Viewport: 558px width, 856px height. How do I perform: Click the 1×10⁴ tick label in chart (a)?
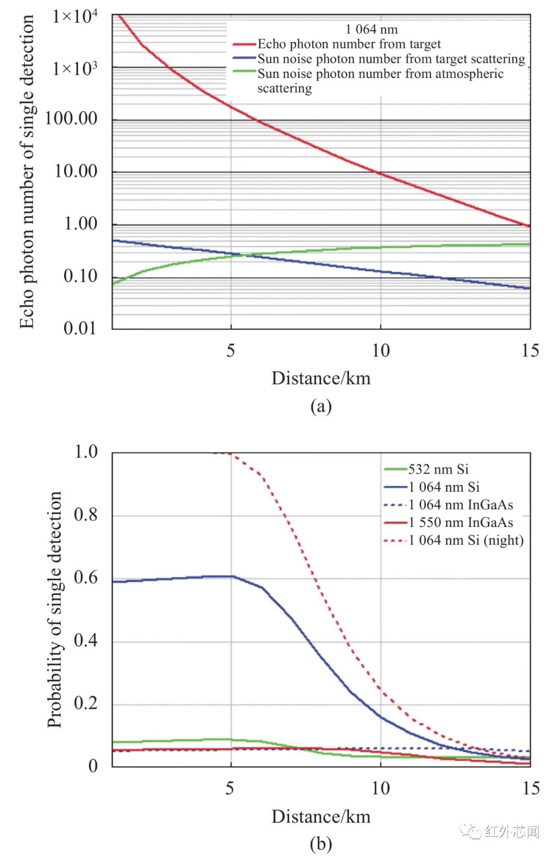75,17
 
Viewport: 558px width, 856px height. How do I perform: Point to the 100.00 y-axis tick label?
71,118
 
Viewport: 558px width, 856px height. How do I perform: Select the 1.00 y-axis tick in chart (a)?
81,224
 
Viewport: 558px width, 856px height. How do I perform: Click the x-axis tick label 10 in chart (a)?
381,351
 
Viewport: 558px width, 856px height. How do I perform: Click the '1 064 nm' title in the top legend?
371,29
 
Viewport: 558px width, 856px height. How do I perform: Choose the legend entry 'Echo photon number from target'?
349,44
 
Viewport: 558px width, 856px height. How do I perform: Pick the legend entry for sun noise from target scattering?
391,59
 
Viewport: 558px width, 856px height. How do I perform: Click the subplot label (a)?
321,406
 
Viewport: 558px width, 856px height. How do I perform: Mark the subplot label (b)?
321,844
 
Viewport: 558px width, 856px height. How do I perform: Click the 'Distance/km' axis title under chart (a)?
321,379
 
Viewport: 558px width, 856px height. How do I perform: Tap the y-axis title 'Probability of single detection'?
55,610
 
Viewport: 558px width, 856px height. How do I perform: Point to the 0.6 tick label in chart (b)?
86,578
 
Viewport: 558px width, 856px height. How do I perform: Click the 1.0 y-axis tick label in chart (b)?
86,452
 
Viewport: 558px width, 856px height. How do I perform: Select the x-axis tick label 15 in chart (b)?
531,788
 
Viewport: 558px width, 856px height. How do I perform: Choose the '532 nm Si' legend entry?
438,469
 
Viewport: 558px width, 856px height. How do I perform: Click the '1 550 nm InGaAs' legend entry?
460,522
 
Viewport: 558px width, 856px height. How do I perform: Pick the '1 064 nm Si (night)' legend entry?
466,540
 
